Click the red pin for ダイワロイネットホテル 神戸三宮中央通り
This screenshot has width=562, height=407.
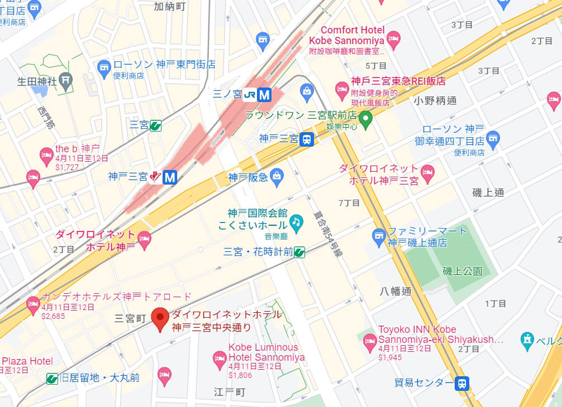click(x=161, y=318)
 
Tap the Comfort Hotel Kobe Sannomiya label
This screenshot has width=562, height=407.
click(x=346, y=35)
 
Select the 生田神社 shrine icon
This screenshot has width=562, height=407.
click(x=66, y=80)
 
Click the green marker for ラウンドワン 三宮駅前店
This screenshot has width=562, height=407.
click(x=365, y=118)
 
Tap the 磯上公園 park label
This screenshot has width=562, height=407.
click(x=462, y=272)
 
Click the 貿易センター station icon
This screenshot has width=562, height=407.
click(x=462, y=383)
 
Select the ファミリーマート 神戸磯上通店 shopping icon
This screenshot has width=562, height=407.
click(x=379, y=236)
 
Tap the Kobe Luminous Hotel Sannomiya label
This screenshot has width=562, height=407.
click(x=266, y=352)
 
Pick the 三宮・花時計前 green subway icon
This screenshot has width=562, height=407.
click(x=300, y=252)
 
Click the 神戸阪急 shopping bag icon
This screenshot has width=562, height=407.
click(x=276, y=177)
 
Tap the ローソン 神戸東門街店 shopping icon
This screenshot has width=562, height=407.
click(x=104, y=69)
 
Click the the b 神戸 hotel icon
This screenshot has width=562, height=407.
click(x=46, y=154)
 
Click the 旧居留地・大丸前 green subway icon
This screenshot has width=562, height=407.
click(x=52, y=379)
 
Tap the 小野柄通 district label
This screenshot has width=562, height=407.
click(x=435, y=101)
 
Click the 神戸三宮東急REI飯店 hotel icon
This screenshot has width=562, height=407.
click(x=342, y=89)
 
